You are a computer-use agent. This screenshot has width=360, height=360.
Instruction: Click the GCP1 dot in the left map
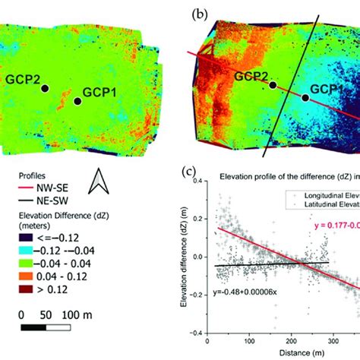(77, 100)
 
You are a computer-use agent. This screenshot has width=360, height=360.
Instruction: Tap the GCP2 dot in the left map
(45, 88)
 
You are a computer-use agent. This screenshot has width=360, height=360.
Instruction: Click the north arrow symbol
(99, 182)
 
